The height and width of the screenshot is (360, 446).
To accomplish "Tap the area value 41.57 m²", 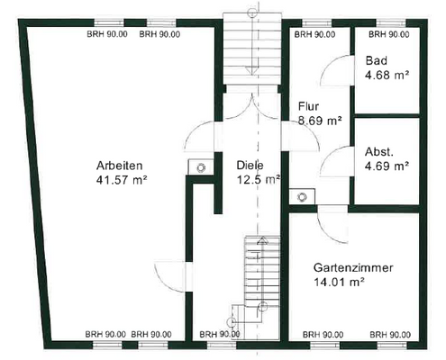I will (123, 180).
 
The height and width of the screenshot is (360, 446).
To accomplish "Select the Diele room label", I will (250, 166).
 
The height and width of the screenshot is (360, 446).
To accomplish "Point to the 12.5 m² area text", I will (257, 180).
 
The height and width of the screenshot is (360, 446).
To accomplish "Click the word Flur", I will (307, 105).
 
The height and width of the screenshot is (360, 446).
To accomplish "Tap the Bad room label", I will (375, 61).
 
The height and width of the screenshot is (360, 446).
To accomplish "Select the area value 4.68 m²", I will (387, 76).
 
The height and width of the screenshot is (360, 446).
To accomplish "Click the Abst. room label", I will (378, 151).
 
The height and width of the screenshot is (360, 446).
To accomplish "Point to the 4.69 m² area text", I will (387, 166).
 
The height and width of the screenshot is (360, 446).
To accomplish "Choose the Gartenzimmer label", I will (351, 268).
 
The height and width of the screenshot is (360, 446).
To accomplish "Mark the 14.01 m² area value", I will (339, 283).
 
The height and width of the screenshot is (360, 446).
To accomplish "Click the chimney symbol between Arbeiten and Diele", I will (198, 167).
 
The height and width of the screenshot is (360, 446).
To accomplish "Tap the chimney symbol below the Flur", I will (304, 195).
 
